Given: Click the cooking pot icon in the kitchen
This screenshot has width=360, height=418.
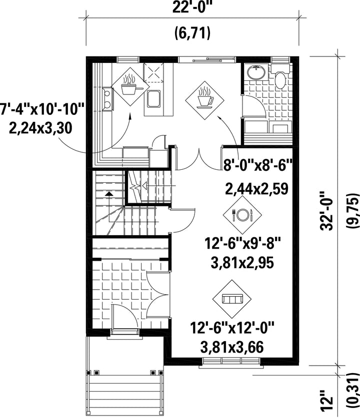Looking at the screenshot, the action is (130, 86).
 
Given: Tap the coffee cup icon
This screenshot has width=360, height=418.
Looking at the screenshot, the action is (204, 100).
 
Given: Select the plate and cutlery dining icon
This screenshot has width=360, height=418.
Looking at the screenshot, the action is (242, 214).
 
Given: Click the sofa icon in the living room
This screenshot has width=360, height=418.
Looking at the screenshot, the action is (232, 299).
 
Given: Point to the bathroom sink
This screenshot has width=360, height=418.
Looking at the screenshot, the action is (256, 72).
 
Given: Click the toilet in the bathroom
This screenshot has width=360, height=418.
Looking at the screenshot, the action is (280, 76).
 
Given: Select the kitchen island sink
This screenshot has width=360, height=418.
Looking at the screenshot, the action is (153, 99).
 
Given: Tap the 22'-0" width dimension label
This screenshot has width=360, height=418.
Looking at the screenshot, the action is (192, 8).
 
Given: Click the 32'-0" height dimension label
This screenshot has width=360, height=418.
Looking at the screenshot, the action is (326, 211).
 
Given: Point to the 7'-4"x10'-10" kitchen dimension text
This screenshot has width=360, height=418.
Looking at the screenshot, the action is (42, 109).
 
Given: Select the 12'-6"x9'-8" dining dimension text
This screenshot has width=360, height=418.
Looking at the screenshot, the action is (243, 244).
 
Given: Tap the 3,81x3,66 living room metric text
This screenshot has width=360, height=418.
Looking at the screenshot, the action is (232, 347).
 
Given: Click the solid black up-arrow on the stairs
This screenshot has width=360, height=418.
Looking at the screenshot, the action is (108, 193).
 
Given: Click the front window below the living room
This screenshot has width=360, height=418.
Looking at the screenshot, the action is (231, 362).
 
